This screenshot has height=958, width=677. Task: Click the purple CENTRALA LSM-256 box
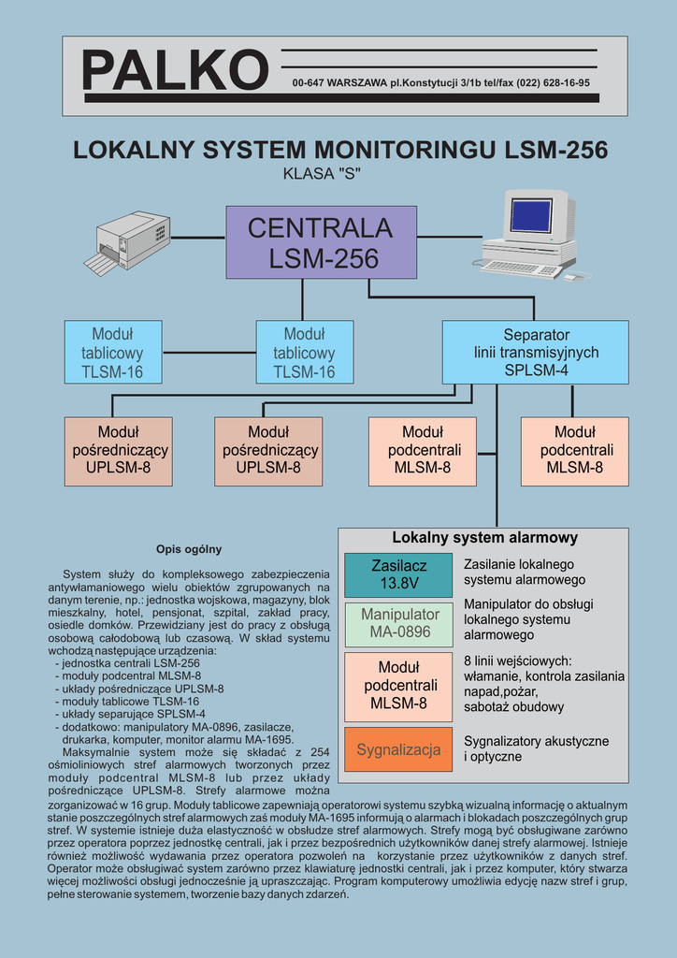321,242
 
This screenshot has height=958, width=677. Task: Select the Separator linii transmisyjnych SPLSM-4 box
535,352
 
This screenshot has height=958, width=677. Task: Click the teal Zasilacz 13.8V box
398,575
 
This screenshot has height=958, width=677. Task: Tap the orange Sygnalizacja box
398,749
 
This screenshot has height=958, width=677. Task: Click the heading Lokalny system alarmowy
484,538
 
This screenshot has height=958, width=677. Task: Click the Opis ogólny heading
189,549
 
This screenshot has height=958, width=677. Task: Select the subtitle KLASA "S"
321,173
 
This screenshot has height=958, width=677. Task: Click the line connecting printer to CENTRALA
198,238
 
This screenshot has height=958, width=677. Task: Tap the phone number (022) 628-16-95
553,83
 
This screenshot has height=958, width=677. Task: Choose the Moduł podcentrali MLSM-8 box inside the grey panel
398,685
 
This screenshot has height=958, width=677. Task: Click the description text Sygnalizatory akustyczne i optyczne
536,748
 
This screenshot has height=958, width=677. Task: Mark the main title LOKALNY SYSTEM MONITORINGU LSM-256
340,150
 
